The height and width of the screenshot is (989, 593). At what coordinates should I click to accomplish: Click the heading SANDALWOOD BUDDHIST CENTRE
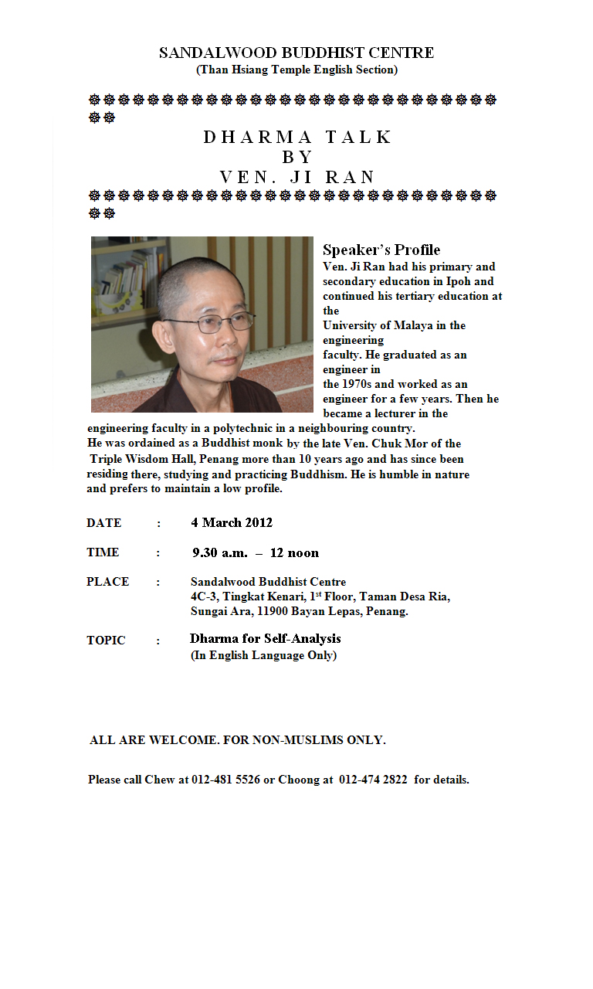[x=296, y=53]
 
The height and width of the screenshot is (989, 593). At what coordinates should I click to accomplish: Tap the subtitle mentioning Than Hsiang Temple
[x=296, y=70]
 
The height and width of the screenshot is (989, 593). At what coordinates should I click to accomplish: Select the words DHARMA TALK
[x=298, y=137]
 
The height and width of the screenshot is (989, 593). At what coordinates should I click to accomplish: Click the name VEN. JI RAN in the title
[x=297, y=177]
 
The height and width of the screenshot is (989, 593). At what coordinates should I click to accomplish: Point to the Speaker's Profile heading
[x=381, y=250]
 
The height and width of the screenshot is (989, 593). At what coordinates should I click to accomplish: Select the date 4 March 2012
[x=232, y=522]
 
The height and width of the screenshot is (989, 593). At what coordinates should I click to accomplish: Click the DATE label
[x=104, y=523]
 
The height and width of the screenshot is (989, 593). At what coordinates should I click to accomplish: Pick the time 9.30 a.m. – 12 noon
[x=255, y=552]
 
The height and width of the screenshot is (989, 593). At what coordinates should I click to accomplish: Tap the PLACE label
[x=107, y=582]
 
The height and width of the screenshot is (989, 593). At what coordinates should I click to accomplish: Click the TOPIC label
[x=106, y=641]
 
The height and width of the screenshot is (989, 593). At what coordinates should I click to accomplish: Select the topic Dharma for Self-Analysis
[x=265, y=639]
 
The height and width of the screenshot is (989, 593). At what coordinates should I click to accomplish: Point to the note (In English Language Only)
[x=263, y=655]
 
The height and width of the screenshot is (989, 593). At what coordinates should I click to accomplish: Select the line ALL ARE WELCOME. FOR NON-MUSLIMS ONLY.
[x=238, y=740]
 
